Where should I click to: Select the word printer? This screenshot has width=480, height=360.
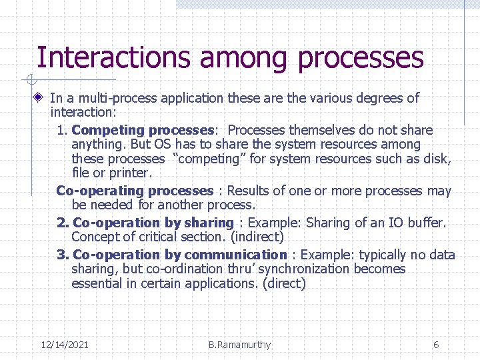[x=131, y=173]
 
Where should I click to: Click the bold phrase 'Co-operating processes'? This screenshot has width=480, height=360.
[x=135, y=191]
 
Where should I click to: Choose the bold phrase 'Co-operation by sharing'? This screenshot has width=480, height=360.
[x=153, y=223]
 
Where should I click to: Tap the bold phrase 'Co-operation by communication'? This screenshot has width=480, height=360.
[x=179, y=255]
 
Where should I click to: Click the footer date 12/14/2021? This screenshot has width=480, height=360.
[x=65, y=345]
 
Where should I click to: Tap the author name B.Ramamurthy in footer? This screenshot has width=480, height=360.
[x=239, y=345]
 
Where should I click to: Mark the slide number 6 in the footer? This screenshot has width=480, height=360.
[x=436, y=345]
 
